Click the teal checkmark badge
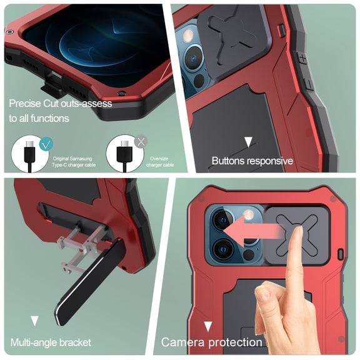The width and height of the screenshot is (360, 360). tap(46, 144)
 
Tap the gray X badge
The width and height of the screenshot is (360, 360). tap(141, 142)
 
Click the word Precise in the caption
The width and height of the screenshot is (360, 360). tap(25, 104)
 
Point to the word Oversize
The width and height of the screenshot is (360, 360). tap(159, 159)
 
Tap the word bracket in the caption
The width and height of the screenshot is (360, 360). tap(75, 342)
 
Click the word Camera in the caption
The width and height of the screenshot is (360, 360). tap(182, 342)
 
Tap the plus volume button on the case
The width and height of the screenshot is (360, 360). tap(303, 59)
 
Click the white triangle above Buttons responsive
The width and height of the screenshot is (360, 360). tap(248, 142)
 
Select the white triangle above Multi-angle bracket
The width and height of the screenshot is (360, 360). tap(34, 321)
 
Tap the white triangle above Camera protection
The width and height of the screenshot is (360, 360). tap(208, 326)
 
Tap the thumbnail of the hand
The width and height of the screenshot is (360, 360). tap(262, 292)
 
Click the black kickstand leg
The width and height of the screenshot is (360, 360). tap(90, 281)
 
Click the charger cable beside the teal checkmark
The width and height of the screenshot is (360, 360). tap(30, 156)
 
